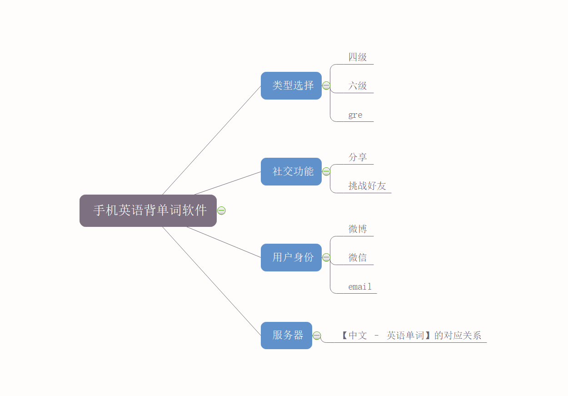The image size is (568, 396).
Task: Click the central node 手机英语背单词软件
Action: (x=148, y=211)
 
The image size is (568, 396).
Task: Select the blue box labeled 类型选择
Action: (x=291, y=85)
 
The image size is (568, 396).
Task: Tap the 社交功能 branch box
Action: (x=291, y=171)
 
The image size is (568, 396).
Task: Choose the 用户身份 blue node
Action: (x=291, y=257)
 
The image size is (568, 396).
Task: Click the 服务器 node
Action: (x=286, y=336)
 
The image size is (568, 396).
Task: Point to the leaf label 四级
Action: (x=358, y=57)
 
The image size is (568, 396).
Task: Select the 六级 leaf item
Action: (x=358, y=86)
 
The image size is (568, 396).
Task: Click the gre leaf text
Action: (x=355, y=115)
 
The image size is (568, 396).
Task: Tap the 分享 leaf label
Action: (x=358, y=157)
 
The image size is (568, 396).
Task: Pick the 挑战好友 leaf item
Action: (x=367, y=186)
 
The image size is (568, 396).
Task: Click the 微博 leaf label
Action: (x=358, y=229)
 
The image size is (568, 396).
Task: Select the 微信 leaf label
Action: (x=358, y=258)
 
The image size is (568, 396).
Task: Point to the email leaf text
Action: (x=360, y=287)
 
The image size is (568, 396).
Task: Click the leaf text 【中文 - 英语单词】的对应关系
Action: (x=411, y=336)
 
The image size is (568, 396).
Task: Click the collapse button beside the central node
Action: (x=221, y=211)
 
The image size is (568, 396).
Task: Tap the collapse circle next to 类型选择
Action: (x=326, y=85)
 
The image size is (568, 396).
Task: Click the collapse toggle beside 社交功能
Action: (x=326, y=171)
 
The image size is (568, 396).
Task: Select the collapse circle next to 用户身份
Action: (x=326, y=257)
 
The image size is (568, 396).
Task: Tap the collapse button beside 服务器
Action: (x=317, y=336)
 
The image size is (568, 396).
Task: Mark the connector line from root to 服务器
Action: (x=211, y=281)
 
